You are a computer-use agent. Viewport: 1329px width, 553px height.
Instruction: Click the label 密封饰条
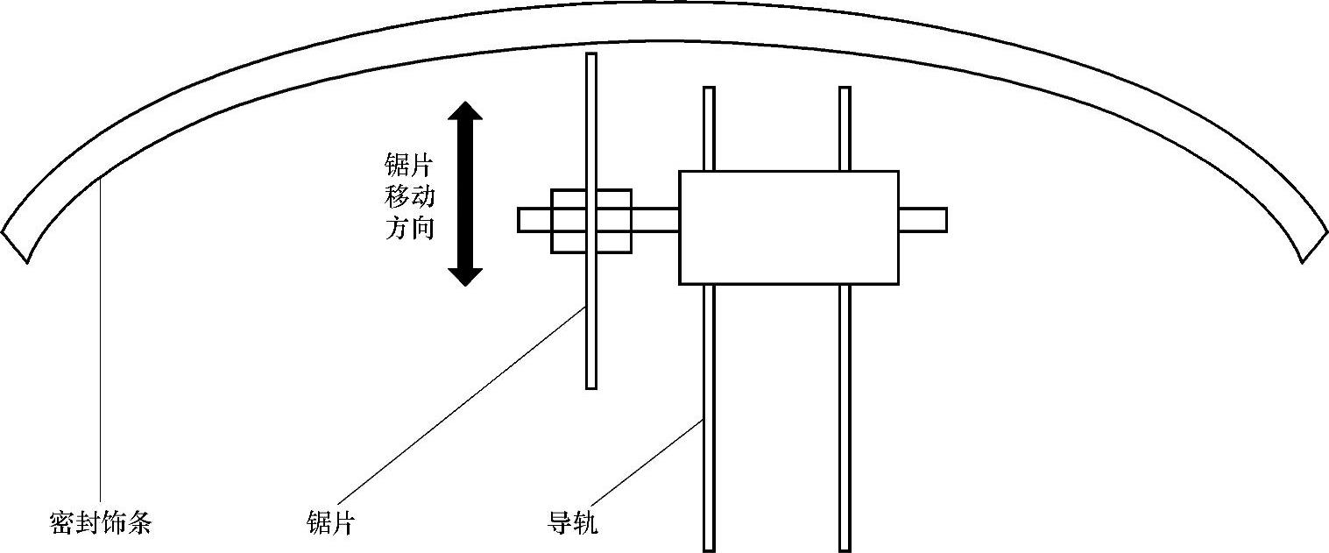pos(101,524)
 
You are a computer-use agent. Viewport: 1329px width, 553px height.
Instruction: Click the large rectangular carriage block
pos(788,227)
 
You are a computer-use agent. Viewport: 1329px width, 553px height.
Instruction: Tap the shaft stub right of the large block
pos(922,219)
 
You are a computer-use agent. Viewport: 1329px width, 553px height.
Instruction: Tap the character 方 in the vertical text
pos(398,229)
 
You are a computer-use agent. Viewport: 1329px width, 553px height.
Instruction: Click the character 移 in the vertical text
pos(398,197)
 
